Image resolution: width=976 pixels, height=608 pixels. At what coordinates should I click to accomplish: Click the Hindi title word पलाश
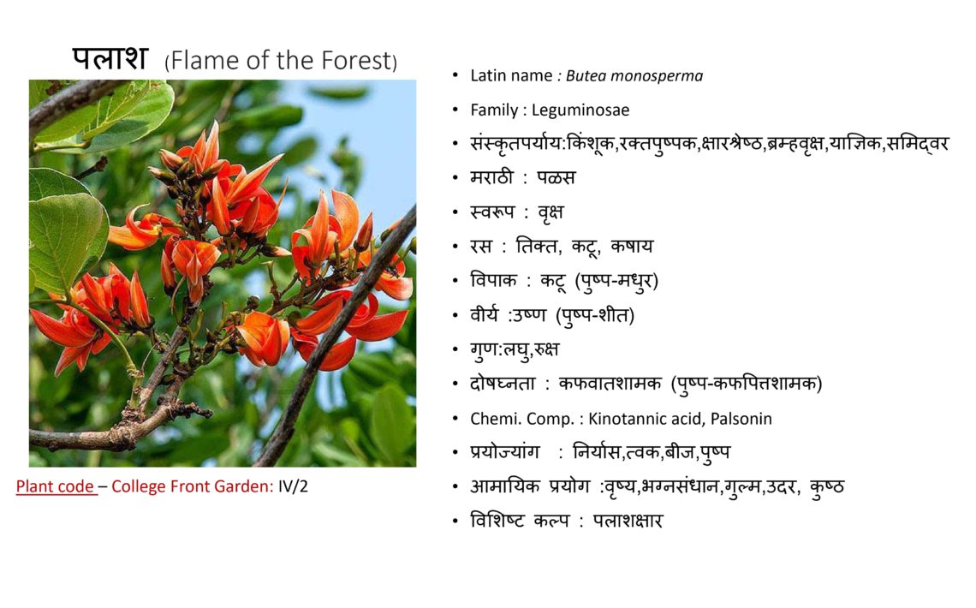pos(110,58)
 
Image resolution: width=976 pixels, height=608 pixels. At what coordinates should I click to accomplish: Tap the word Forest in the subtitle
pos(356,60)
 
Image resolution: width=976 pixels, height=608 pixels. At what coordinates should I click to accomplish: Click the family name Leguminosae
pos(580,110)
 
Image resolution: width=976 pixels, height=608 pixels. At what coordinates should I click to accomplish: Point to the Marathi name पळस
pos(556,178)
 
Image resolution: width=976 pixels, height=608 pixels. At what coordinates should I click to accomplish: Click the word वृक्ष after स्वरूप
pos(550,213)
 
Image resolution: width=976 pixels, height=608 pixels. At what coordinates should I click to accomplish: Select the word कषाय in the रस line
pos(632,247)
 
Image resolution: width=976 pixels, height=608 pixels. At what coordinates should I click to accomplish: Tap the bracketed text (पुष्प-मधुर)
pos(616,281)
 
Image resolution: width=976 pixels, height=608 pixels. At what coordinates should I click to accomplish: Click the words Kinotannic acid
pos(645,419)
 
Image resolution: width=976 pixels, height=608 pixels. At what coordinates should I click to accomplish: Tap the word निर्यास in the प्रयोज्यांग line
pos(596,452)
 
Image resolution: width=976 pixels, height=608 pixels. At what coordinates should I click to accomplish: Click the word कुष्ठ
pos(827,486)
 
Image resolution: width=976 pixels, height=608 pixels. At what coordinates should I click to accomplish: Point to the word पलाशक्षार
pos(628,521)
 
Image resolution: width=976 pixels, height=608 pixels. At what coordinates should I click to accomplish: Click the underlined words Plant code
pos(55,486)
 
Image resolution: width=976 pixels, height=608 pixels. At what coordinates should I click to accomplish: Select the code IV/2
pos(293,486)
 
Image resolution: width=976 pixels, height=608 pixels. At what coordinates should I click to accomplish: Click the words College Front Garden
pos(190,486)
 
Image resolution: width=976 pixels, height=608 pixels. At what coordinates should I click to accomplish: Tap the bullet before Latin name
pos(455,76)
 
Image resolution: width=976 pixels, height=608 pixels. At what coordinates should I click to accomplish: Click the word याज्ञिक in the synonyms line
pos(855,145)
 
